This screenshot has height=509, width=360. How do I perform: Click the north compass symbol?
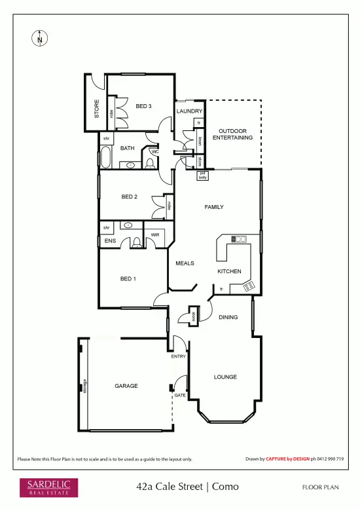[x=40, y=39]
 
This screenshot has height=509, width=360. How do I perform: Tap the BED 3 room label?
[x=144, y=106]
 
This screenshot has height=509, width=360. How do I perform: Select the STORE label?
[x=96, y=108]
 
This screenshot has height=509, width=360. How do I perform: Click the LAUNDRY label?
[x=189, y=111]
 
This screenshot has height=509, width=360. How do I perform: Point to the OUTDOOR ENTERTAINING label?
[x=236, y=134]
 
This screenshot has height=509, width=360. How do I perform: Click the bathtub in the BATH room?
[x=105, y=158]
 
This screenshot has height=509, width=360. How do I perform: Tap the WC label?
[x=154, y=152]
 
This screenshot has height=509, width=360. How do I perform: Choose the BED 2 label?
[x=130, y=197]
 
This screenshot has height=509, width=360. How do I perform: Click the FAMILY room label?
[x=214, y=207]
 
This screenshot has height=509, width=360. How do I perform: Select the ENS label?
[x=109, y=241]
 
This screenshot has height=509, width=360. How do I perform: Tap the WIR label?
[x=155, y=235]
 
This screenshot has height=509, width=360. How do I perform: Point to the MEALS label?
[x=185, y=263]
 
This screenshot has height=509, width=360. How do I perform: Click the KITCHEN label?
[x=229, y=271]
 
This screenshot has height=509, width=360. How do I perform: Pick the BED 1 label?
[x=128, y=278]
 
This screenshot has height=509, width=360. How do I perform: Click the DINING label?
[x=228, y=318]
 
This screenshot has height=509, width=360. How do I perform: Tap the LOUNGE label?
[x=225, y=377]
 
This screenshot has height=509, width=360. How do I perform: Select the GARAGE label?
[x=126, y=386]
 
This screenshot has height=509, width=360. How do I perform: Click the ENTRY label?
[x=179, y=356]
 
